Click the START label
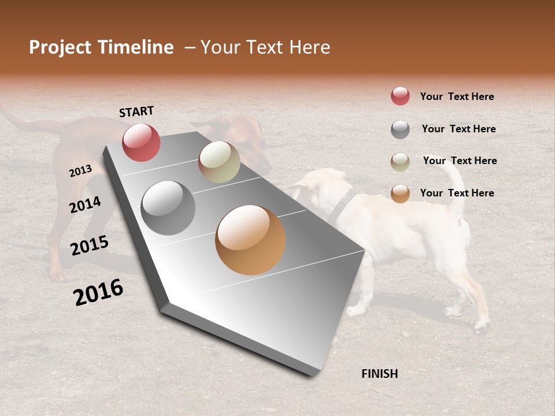[x=136, y=112]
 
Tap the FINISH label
[x=379, y=374]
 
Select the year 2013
[x=80, y=171]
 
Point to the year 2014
[x=85, y=205]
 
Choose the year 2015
[x=90, y=246]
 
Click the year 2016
[x=98, y=292]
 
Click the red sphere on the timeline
[x=141, y=142]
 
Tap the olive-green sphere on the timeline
[x=219, y=162]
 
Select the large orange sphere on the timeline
[x=250, y=240]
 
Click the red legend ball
[x=400, y=96]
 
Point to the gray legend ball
[x=400, y=129]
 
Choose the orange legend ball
[x=400, y=194]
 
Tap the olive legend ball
[x=400, y=162]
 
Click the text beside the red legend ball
[x=457, y=96]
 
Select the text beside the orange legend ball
[x=457, y=193]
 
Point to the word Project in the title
[x=60, y=47]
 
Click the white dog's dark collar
[x=342, y=206]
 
